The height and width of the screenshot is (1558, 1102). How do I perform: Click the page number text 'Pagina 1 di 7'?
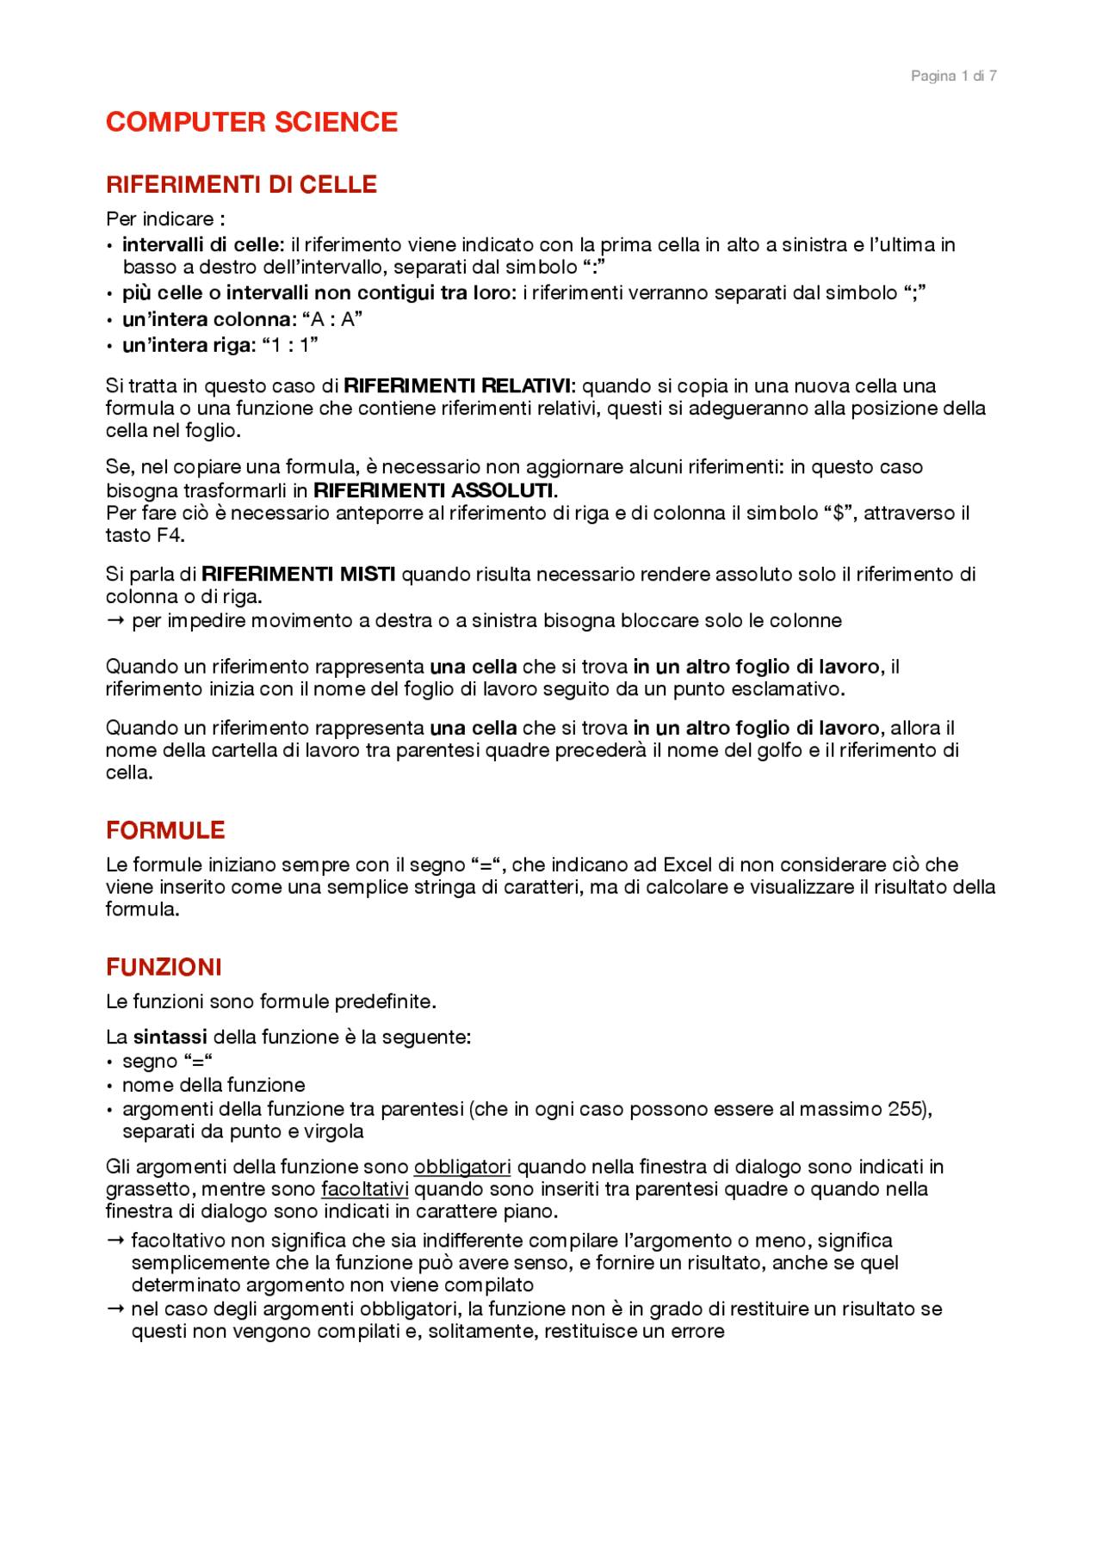(953, 76)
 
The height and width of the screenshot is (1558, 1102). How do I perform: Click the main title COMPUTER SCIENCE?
(251, 122)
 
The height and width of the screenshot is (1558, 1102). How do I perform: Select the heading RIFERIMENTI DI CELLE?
(241, 184)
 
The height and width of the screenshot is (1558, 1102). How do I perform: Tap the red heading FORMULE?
(165, 830)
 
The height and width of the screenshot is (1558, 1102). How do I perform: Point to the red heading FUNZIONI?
(164, 967)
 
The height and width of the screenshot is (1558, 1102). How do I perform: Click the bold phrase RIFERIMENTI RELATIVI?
(457, 385)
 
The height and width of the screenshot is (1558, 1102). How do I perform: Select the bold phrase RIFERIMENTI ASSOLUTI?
(434, 490)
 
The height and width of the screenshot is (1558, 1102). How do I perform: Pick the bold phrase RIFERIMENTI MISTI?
(298, 574)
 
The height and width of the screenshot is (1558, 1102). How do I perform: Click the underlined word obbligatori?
(462, 1167)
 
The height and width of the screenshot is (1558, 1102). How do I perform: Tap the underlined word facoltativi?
(364, 1189)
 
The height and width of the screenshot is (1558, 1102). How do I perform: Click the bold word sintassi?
(170, 1037)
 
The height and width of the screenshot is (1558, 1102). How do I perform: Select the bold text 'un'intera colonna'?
(207, 319)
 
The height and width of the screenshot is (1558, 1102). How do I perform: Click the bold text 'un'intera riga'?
(189, 345)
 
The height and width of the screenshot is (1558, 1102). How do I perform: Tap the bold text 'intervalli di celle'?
(202, 245)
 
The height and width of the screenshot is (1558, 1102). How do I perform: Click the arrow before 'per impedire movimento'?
(115, 620)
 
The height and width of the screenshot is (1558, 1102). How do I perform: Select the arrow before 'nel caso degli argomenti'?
(115, 1309)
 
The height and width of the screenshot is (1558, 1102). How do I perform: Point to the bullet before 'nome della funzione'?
(109, 1086)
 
